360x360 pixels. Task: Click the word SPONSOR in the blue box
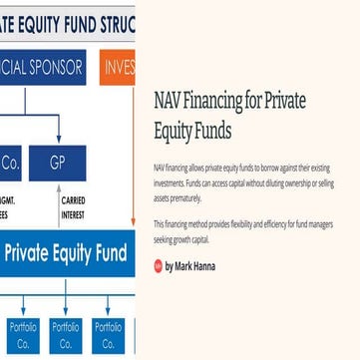click(x=58, y=67)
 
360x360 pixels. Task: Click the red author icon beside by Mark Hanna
click(x=159, y=267)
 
